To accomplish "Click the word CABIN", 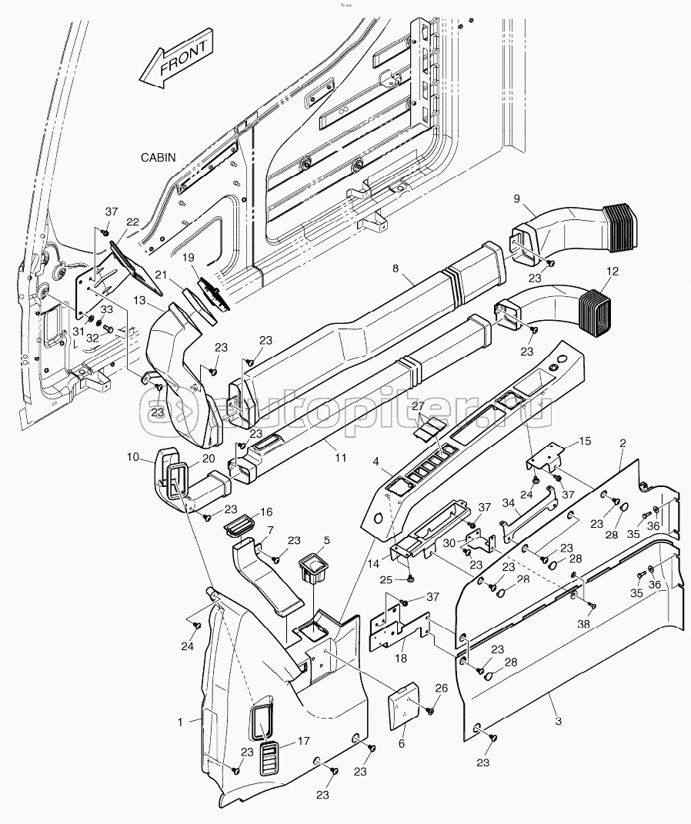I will [158, 157].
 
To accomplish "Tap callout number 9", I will [518, 199].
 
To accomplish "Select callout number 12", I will [612, 271].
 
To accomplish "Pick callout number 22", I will [132, 222].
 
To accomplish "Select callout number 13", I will [140, 299].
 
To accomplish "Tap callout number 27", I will [418, 405].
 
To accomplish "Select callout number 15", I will [585, 441].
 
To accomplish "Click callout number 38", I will [584, 625].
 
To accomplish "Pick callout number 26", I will [440, 688].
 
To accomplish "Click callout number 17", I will [303, 742].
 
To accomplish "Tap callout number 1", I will [180, 722].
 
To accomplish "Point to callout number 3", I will [558, 721].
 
